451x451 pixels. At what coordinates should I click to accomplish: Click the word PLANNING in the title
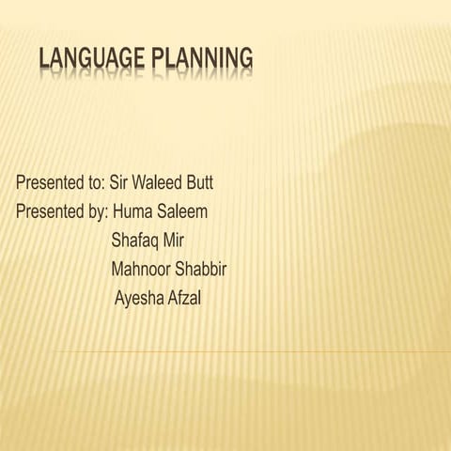click(x=203, y=59)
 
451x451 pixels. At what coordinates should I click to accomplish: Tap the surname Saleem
click(x=182, y=210)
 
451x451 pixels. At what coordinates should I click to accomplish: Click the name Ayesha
click(x=139, y=300)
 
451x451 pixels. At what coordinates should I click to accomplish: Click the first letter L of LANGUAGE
click(x=45, y=59)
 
